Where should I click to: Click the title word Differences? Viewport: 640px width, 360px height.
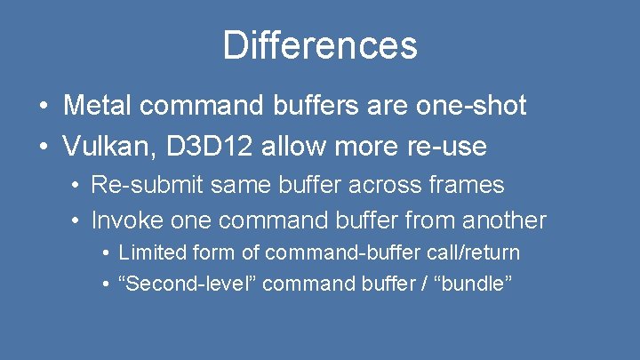tap(320, 45)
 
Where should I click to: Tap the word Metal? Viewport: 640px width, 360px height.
tap(98, 106)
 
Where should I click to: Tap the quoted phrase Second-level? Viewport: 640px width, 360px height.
tap(188, 284)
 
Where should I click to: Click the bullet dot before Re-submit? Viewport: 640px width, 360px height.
tap(77, 186)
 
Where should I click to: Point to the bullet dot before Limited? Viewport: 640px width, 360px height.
tap(106, 253)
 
